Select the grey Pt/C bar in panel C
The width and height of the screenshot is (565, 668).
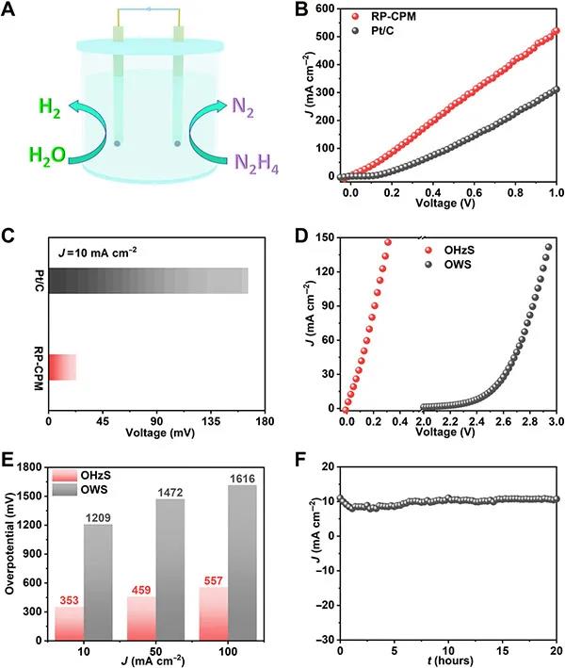(x=148, y=281)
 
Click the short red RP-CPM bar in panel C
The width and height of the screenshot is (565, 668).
(x=62, y=367)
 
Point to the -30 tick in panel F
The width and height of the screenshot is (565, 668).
(x=323, y=640)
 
